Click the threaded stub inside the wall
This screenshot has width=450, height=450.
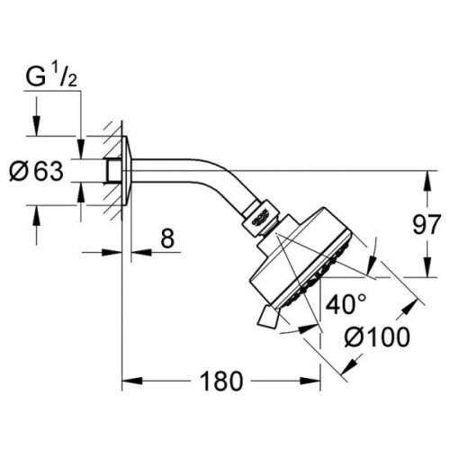pos(112,169)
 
